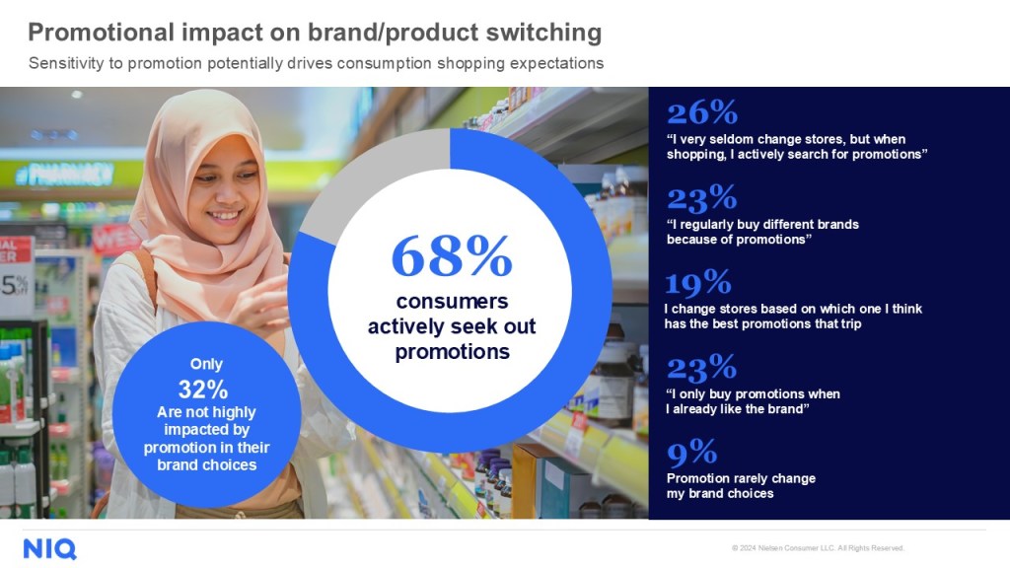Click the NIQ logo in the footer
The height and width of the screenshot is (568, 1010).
tap(49, 549)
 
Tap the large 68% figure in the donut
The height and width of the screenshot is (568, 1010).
tap(452, 256)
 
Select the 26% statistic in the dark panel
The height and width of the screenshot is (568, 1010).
tap(702, 113)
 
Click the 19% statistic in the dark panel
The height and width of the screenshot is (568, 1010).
tap(697, 283)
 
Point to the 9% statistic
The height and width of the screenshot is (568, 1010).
tap(691, 452)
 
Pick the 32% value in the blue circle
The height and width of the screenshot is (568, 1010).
tap(203, 390)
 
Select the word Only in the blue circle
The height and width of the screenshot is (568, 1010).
tap(206, 364)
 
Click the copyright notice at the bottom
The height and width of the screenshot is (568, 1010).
tap(818, 548)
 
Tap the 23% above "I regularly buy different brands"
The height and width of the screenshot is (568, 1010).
tap(701, 198)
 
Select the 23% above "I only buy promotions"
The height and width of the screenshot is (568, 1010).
tap(701, 368)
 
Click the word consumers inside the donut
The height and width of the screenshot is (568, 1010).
tap(452, 301)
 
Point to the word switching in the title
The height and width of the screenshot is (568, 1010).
tap(543, 33)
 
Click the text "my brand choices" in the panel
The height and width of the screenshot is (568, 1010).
tap(720, 494)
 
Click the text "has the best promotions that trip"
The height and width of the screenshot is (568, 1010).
tap(762, 323)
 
